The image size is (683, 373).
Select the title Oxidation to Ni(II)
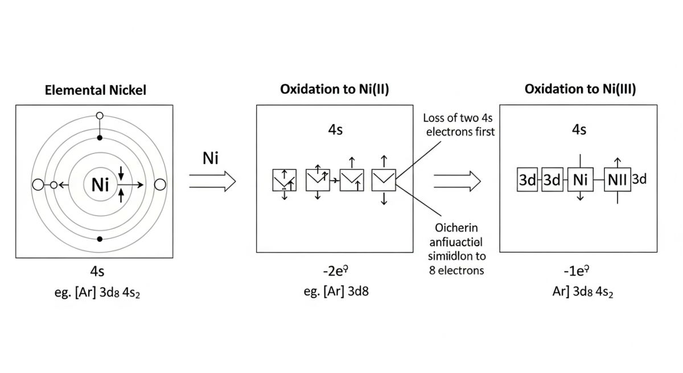[335, 90]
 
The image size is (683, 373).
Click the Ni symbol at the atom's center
[100, 184]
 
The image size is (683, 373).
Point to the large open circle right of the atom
[160, 184]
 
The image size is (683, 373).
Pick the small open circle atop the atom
[100, 116]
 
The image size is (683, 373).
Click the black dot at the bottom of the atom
[100, 238]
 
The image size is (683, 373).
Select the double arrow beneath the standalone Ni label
[212, 182]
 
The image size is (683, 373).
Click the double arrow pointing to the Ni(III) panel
[456, 182]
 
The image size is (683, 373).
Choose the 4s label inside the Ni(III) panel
[579, 130]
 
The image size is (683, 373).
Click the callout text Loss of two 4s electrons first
[460, 125]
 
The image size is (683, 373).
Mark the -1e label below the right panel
[579, 270]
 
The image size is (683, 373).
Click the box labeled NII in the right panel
[618, 180]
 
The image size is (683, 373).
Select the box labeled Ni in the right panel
[580, 180]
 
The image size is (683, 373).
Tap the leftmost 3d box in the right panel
[528, 180]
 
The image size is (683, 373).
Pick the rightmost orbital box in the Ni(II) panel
[383, 180]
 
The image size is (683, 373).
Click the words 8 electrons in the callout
[456, 270]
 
